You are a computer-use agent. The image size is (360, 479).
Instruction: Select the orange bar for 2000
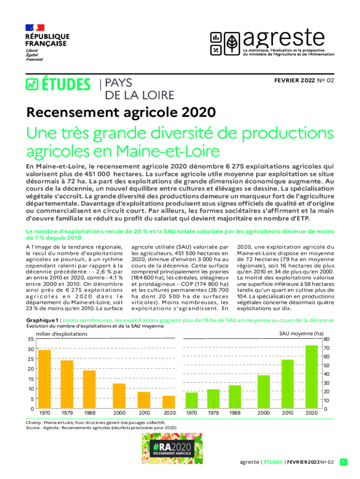tap(119, 396)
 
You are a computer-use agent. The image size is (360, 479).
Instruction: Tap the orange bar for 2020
tap(169, 402)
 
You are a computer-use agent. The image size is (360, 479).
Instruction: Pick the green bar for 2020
tap(311, 377)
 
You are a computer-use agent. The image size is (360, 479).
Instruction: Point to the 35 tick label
tap(30, 339)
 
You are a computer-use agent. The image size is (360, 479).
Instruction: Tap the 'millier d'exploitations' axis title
tap(62, 334)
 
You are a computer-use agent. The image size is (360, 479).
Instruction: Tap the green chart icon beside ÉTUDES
tap(32, 84)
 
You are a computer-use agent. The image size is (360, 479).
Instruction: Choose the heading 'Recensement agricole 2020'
tap(121, 112)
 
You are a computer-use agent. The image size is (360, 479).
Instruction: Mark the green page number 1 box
tap(344, 462)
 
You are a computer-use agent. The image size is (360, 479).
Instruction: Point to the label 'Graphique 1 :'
tap(43, 320)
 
